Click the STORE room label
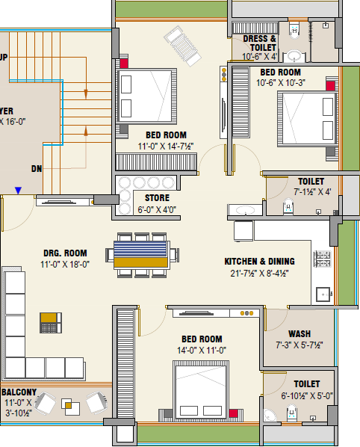[156, 197]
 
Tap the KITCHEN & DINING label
[259, 262]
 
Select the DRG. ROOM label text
[66, 253]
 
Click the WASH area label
[300, 333]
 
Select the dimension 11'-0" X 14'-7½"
[162, 147]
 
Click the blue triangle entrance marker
[17, 191]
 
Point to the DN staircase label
[36, 169]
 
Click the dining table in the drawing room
[142, 253]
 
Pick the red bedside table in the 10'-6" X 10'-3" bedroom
[329, 86]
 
